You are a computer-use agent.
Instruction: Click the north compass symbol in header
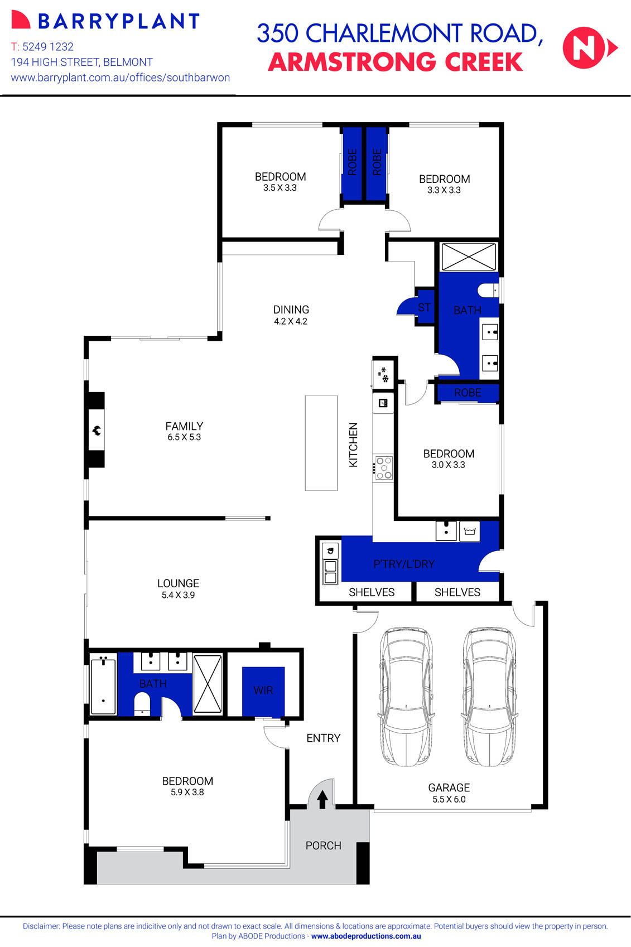coord(589,48)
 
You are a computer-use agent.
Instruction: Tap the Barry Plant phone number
coord(42,47)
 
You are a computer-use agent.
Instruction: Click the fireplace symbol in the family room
coord(96,430)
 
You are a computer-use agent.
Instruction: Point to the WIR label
coord(263,690)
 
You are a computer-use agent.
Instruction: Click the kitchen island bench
coord(321,443)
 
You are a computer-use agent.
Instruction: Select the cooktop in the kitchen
coord(383,468)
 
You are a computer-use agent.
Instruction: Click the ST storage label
coord(425,307)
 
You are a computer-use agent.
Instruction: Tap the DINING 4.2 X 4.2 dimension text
coord(291,321)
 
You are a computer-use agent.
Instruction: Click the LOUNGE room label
coord(178,583)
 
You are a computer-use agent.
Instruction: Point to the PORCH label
coord(323,845)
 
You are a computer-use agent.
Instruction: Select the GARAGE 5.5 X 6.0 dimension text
coord(449,799)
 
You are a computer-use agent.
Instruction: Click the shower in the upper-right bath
coord(468,257)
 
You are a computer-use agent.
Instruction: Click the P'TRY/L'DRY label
coord(404,564)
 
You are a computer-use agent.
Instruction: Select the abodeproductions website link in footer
coord(366,936)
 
